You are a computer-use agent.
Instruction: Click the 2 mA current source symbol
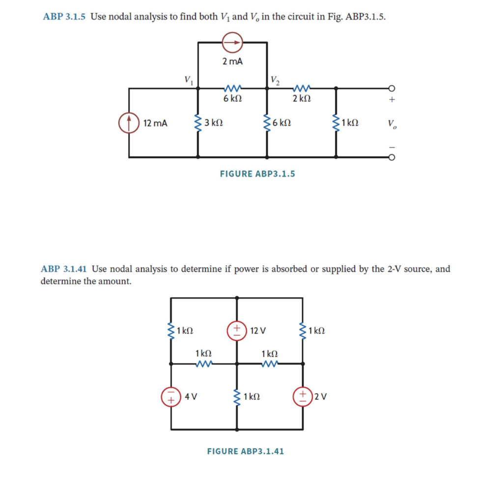pos(232,43)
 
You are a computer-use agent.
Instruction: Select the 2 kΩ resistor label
pos(301,99)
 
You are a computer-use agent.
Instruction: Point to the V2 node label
pos(276,80)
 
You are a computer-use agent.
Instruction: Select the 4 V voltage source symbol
pos(171,397)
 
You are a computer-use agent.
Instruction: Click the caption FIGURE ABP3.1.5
pos(257,173)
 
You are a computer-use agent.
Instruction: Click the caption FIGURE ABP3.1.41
pos(246,450)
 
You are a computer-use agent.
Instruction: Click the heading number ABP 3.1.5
pos(64,17)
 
